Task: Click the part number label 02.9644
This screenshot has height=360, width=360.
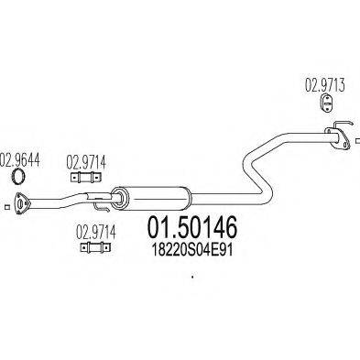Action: click(x=20, y=157)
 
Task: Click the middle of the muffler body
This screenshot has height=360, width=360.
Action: click(x=151, y=195)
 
